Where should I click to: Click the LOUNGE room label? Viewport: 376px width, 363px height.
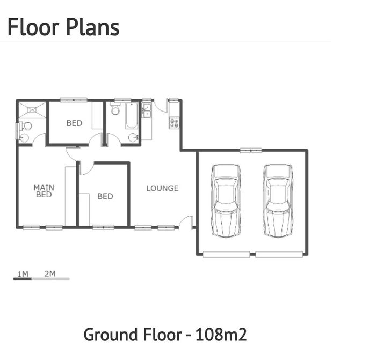[x=162, y=188]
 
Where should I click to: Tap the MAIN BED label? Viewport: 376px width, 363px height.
[x=44, y=191]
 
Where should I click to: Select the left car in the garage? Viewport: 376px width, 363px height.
[x=226, y=201]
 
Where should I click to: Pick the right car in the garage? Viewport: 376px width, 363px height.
[x=278, y=201]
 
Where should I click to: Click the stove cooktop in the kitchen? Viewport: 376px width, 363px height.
[x=175, y=123]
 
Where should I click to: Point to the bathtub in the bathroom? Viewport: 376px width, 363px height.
[x=132, y=116]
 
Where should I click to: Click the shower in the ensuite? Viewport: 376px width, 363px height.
[x=32, y=110]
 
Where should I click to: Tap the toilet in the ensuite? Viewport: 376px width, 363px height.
[x=26, y=126]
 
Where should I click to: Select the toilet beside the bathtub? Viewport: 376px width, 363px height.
[x=115, y=109]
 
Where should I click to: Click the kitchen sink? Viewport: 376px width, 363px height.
[x=146, y=110]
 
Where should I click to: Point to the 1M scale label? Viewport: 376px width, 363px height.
[x=23, y=273]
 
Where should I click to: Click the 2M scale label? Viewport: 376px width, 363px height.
[x=50, y=273]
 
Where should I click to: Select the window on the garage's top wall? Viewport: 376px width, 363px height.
[x=251, y=150]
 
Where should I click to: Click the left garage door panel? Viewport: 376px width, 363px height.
[x=226, y=254]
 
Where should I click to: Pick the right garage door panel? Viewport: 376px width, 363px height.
[x=279, y=254]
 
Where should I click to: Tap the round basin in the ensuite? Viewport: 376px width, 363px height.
[x=24, y=138]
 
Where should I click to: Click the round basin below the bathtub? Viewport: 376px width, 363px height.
[x=133, y=138]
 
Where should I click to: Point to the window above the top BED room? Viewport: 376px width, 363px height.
[x=74, y=100]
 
